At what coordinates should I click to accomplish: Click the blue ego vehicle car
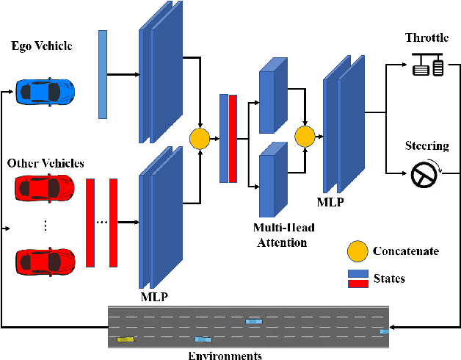[45, 92]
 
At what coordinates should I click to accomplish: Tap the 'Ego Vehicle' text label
[42, 46]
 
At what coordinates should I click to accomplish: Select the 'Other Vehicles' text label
[45, 162]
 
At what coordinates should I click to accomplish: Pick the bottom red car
[45, 260]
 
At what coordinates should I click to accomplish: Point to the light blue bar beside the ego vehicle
[103, 74]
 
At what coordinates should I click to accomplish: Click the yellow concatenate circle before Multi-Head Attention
[199, 138]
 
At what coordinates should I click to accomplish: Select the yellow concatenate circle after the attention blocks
[304, 136]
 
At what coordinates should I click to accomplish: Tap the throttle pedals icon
[429, 68]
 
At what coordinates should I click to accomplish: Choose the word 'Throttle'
[426, 37]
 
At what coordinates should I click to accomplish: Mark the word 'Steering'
[428, 145]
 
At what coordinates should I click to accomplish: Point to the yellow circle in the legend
[357, 251]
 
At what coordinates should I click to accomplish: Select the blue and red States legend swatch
[357, 278]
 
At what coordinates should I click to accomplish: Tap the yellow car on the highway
[126, 339]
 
